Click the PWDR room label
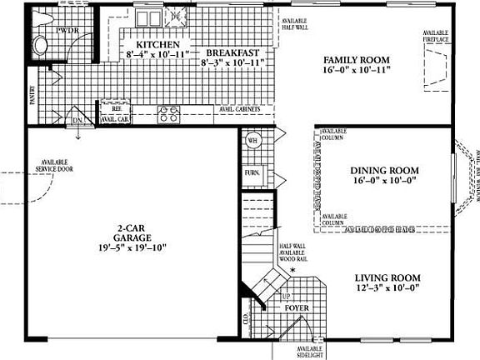(x=66, y=31)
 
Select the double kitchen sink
(x=176, y=15)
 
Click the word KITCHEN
(x=157, y=44)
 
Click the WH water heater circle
(x=252, y=141)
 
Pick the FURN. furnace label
(x=252, y=173)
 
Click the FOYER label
(x=297, y=308)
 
